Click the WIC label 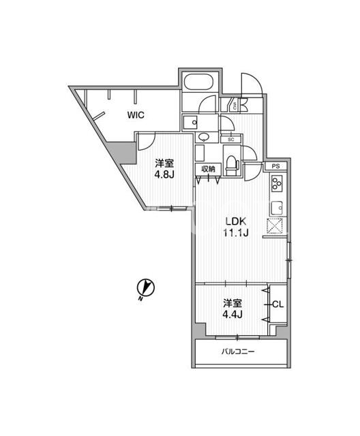(x=136, y=115)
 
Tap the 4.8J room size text (x=164, y=174)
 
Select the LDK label (x=236, y=221)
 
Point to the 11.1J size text (x=235, y=232)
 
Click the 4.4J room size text (x=232, y=314)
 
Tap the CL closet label (x=277, y=305)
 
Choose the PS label (x=275, y=166)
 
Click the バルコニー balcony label (x=238, y=352)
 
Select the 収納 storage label (x=208, y=169)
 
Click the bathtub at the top (x=198, y=82)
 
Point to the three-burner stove (x=277, y=183)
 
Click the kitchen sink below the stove (x=277, y=207)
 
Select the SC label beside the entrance (x=235, y=106)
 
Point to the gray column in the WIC (x=124, y=152)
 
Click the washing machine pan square (x=190, y=123)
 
